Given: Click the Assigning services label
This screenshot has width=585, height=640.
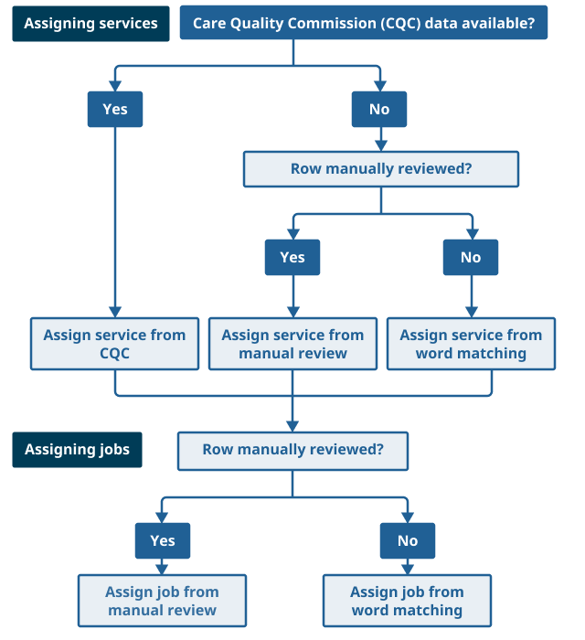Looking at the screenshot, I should (x=90, y=24).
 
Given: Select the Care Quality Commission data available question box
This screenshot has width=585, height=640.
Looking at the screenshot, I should (x=364, y=24).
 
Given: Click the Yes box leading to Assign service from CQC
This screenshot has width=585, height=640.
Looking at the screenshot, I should (x=115, y=109).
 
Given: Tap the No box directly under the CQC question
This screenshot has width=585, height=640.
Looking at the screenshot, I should (x=379, y=109).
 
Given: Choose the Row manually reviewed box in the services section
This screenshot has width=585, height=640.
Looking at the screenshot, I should (x=380, y=169).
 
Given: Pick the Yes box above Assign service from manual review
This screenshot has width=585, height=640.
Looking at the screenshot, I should (x=292, y=257).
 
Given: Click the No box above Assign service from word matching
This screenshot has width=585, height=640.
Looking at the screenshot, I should (x=471, y=257).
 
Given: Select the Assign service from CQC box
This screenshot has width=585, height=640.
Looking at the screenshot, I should (x=114, y=344).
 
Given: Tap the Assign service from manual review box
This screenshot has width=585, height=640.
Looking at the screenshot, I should (x=292, y=344).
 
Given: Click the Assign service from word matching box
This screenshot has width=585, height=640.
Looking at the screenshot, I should (x=471, y=344).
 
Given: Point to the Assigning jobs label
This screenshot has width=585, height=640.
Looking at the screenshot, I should (x=77, y=450).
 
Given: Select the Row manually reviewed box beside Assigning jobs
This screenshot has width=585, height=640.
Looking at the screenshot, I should (x=292, y=450).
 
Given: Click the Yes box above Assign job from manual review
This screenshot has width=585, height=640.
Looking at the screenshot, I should (x=163, y=540).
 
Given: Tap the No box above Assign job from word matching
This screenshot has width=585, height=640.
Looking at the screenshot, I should (x=408, y=540).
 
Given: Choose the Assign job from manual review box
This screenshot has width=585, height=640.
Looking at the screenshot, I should (x=162, y=601).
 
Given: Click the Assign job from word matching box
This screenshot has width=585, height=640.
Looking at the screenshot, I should (x=407, y=601).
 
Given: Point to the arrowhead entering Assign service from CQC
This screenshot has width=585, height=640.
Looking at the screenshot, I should (x=115, y=312).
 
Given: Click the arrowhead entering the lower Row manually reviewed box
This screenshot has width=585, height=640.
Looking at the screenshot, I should (x=292, y=426).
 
